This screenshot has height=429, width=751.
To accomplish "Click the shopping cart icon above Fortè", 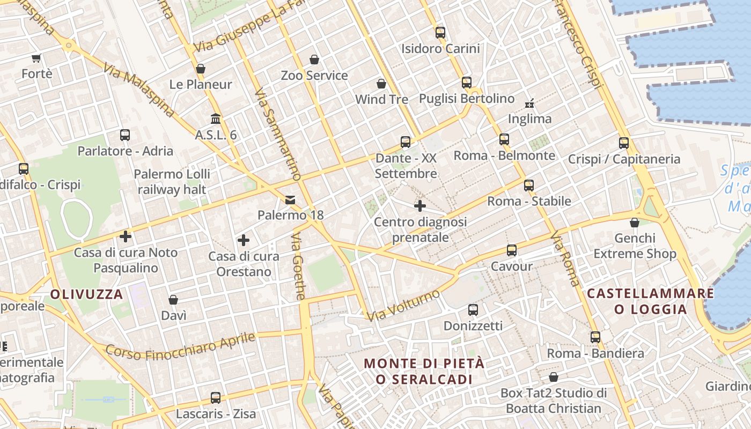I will [36, 58].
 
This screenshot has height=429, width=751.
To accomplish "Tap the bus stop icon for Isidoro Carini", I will [440, 32].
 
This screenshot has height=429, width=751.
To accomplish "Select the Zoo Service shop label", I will [314, 76].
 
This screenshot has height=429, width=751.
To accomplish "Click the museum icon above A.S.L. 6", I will [216, 119].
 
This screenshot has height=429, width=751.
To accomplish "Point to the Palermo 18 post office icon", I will [290, 200].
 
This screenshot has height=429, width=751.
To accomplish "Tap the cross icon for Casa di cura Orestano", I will [244, 240].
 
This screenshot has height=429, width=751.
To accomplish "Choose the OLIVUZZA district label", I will [87, 294].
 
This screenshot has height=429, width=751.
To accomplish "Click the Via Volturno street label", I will [403, 306].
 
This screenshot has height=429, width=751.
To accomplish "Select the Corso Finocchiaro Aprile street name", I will [180, 346].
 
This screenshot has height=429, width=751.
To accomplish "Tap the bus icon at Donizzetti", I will [473, 309].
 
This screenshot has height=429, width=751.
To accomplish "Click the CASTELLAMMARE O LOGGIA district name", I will [650, 301].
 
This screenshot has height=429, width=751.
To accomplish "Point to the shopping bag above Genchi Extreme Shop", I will [635, 222].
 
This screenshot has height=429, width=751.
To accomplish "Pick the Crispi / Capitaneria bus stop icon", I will [623, 143].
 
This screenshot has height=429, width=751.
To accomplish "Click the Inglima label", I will [529, 119].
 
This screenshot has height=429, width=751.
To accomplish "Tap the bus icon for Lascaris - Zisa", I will [216, 398].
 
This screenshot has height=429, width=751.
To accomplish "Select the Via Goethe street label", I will [299, 267].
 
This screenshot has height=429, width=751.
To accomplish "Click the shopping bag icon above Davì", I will [173, 299].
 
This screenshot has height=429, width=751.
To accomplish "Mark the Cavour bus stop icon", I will [512, 250].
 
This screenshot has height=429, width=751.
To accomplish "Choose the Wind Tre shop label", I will [381, 100].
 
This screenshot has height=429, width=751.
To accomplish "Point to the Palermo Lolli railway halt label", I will [172, 182].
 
